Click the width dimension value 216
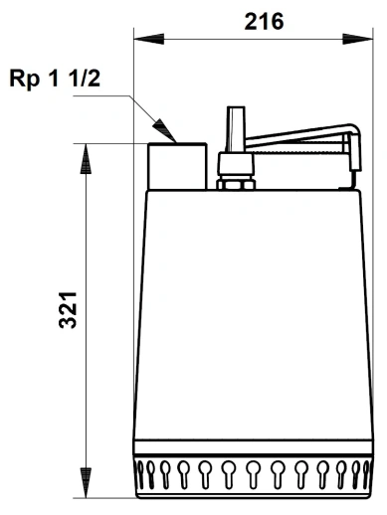pos(264,21)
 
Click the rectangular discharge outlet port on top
pos(177,165)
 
